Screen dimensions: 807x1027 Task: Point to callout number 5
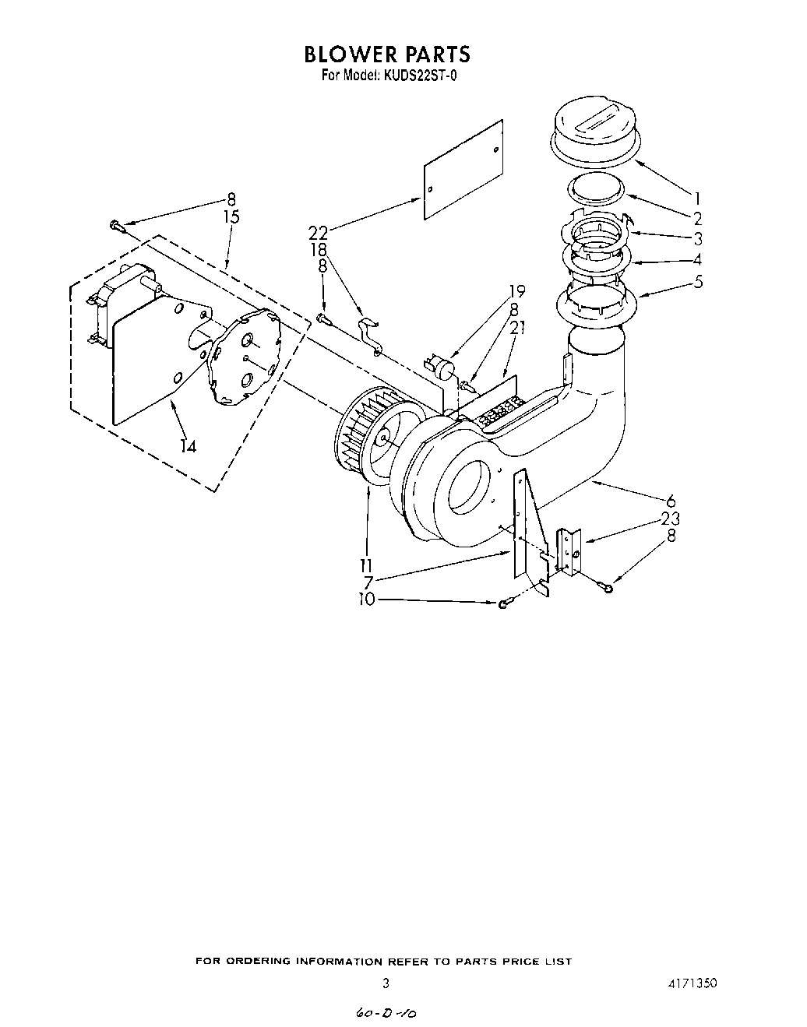click(x=698, y=280)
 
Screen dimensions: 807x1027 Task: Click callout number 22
click(x=318, y=232)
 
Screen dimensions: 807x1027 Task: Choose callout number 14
click(x=188, y=445)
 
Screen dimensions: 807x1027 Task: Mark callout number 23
click(x=669, y=519)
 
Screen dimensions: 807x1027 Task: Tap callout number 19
click(x=516, y=292)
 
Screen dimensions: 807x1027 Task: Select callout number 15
click(x=231, y=217)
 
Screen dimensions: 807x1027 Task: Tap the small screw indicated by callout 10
click(x=504, y=603)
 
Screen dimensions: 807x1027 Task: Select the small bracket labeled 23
click(x=569, y=550)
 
